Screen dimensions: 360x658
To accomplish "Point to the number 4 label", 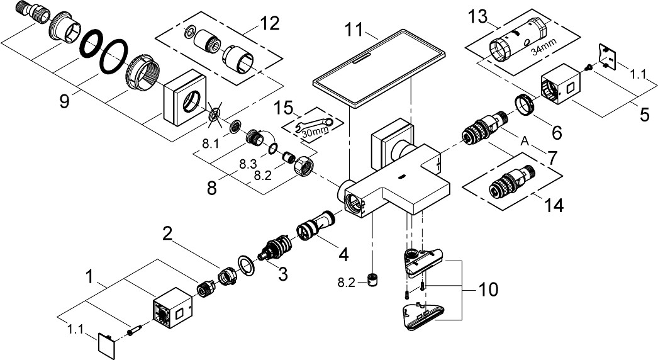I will pyautogui.click(x=343, y=255).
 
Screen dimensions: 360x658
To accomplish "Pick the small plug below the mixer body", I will pyautogui.click(x=374, y=280).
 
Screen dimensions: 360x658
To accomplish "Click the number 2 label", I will pyautogui.click(x=167, y=233).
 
